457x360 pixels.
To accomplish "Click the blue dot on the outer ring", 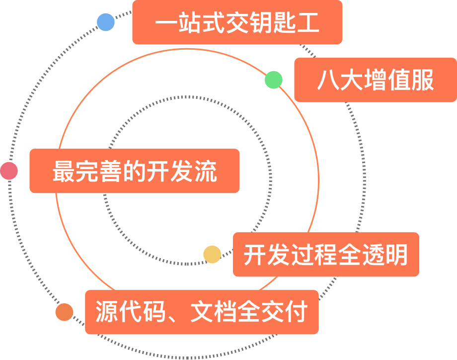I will coord(106,22).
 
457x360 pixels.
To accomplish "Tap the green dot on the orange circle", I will coord(274,80).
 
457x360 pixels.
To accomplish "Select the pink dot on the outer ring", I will coord(9,171).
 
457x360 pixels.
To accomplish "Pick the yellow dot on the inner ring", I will coord(212,254).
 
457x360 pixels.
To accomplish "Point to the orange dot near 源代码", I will coord(64,312).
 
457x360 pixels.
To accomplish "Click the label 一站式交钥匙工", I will coord(237,23).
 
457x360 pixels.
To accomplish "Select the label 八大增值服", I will coord(375,80).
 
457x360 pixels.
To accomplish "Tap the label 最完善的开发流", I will coord(134,171).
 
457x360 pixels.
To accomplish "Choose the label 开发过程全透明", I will coord(325,255).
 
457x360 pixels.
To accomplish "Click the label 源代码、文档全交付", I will coord(201,312).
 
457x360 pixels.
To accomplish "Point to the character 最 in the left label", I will coord(63,171).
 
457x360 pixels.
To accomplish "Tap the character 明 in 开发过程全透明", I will coord(397,255).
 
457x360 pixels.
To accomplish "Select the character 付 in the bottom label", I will coord(296,312).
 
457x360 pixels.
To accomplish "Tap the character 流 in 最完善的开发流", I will coord(206,171).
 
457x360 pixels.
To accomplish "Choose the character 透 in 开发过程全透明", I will coord(373,255).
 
